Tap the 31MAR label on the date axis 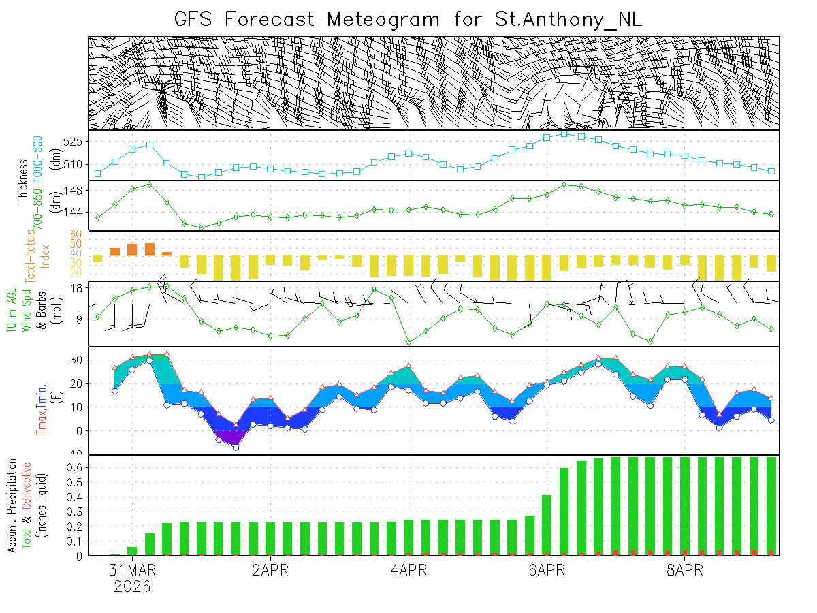point(132,570)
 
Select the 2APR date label point(270,570)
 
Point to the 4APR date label point(408,570)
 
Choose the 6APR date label point(546,570)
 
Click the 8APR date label point(684,570)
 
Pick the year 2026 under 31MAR point(132,586)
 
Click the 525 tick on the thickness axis point(74,142)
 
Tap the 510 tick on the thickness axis point(74,164)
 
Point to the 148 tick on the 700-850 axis point(74,191)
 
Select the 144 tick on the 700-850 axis point(74,213)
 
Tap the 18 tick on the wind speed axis point(77,289)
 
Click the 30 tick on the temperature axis point(76,360)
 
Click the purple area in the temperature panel point(227,437)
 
